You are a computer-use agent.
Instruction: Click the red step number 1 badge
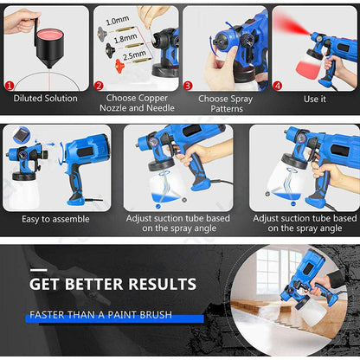point(10,86)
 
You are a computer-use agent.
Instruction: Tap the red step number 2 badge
point(99,86)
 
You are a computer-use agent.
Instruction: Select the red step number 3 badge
point(188,86)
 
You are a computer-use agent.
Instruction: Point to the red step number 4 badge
point(278,86)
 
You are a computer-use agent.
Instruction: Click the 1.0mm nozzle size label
point(117,20)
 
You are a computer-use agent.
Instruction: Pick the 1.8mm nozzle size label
point(125,37)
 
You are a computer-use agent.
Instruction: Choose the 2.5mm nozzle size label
point(134,55)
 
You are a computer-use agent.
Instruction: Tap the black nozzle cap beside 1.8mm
point(111,49)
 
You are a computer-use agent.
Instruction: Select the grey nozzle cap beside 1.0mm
point(102,32)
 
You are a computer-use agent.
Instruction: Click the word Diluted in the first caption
point(28,98)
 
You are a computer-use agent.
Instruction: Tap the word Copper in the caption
point(153,98)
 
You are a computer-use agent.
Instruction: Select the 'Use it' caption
point(315,99)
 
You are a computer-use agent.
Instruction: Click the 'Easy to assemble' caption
point(55,219)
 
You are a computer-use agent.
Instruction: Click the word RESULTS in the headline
point(163,284)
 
